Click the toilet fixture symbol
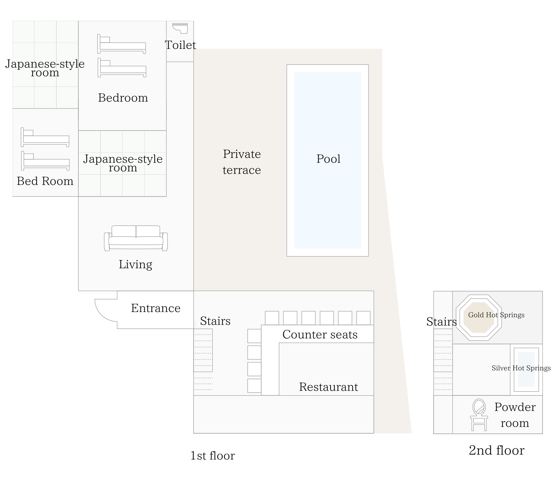[x=180, y=28]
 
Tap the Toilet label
[x=180, y=45]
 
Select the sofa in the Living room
[x=136, y=238]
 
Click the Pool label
[x=328, y=159]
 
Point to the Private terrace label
[x=242, y=162]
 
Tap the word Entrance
[x=156, y=308]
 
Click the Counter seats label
[x=320, y=335]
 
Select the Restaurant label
[x=328, y=387]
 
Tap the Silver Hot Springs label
[x=521, y=368]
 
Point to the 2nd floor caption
[x=496, y=451]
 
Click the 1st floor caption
[x=212, y=456]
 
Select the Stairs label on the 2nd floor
[x=442, y=322]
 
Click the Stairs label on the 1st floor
[x=215, y=321]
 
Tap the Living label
[x=136, y=265]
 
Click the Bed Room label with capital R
[x=45, y=181]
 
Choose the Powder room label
[x=515, y=415]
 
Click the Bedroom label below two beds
[x=123, y=98]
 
